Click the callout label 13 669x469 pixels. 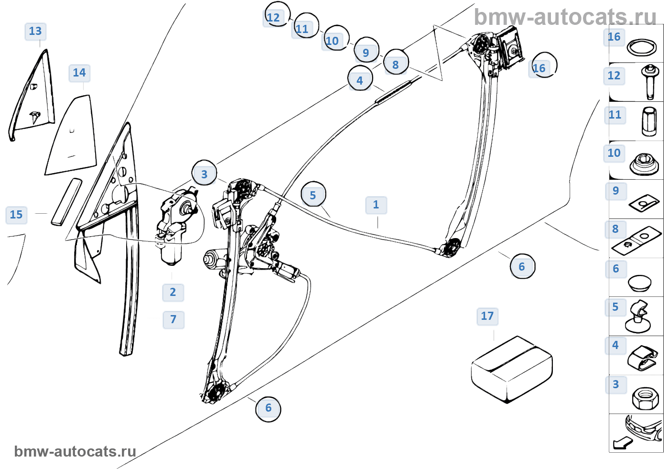pyautogui.click(x=35, y=32)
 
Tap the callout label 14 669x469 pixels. pyautogui.click(x=79, y=73)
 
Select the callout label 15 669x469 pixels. pyautogui.click(x=16, y=215)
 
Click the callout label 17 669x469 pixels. pyautogui.click(x=487, y=316)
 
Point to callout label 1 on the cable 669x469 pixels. pyautogui.click(x=376, y=205)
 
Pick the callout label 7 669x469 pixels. pyautogui.click(x=173, y=320)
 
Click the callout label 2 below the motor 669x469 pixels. pyautogui.click(x=173, y=293)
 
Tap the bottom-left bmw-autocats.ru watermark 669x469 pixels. pyautogui.click(x=75, y=451)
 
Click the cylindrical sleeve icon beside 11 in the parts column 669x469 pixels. pyautogui.click(x=648, y=121)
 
